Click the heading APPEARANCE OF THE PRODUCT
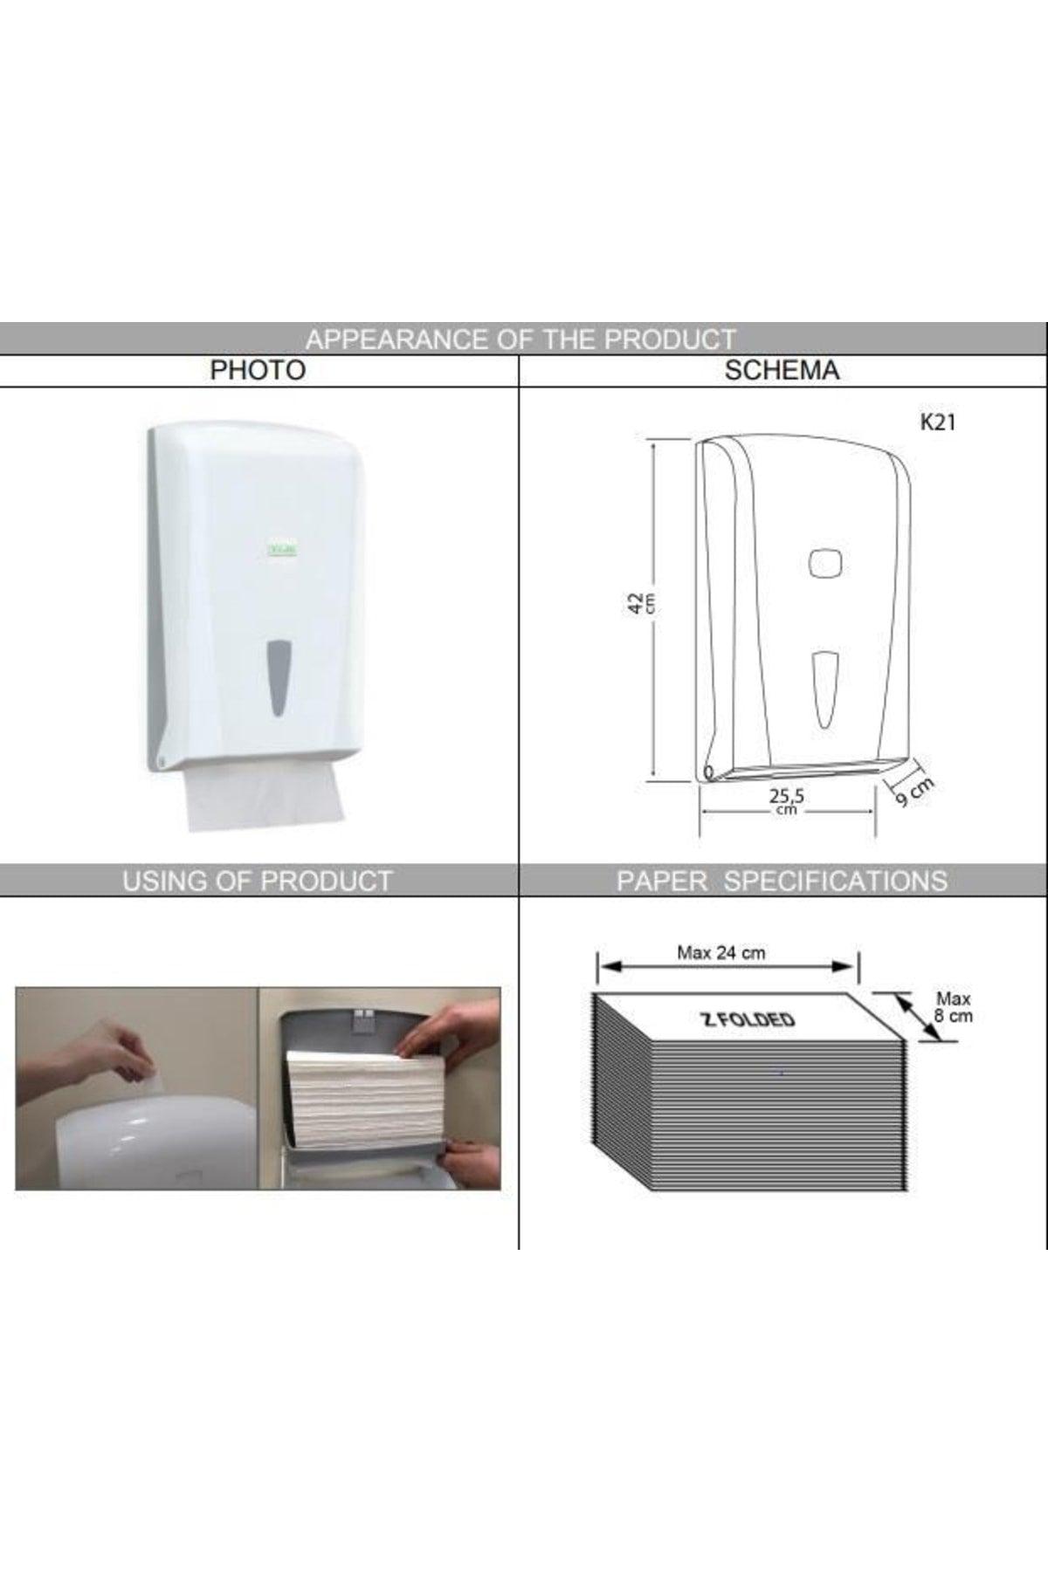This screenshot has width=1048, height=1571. (521, 339)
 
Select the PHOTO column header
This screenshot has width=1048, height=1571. (258, 370)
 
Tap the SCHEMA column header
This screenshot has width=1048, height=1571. (782, 370)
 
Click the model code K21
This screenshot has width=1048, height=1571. (937, 422)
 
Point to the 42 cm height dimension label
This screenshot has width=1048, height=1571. (641, 603)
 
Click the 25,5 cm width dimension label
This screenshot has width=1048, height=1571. (786, 800)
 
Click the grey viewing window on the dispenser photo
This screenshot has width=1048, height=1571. (279, 677)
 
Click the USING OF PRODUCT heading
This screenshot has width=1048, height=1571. (258, 881)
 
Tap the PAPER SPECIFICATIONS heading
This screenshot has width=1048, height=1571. (782, 881)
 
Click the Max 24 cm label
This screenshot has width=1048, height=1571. (721, 953)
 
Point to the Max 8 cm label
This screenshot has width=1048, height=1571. (954, 1006)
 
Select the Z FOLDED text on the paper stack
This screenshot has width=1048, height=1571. (748, 1019)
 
